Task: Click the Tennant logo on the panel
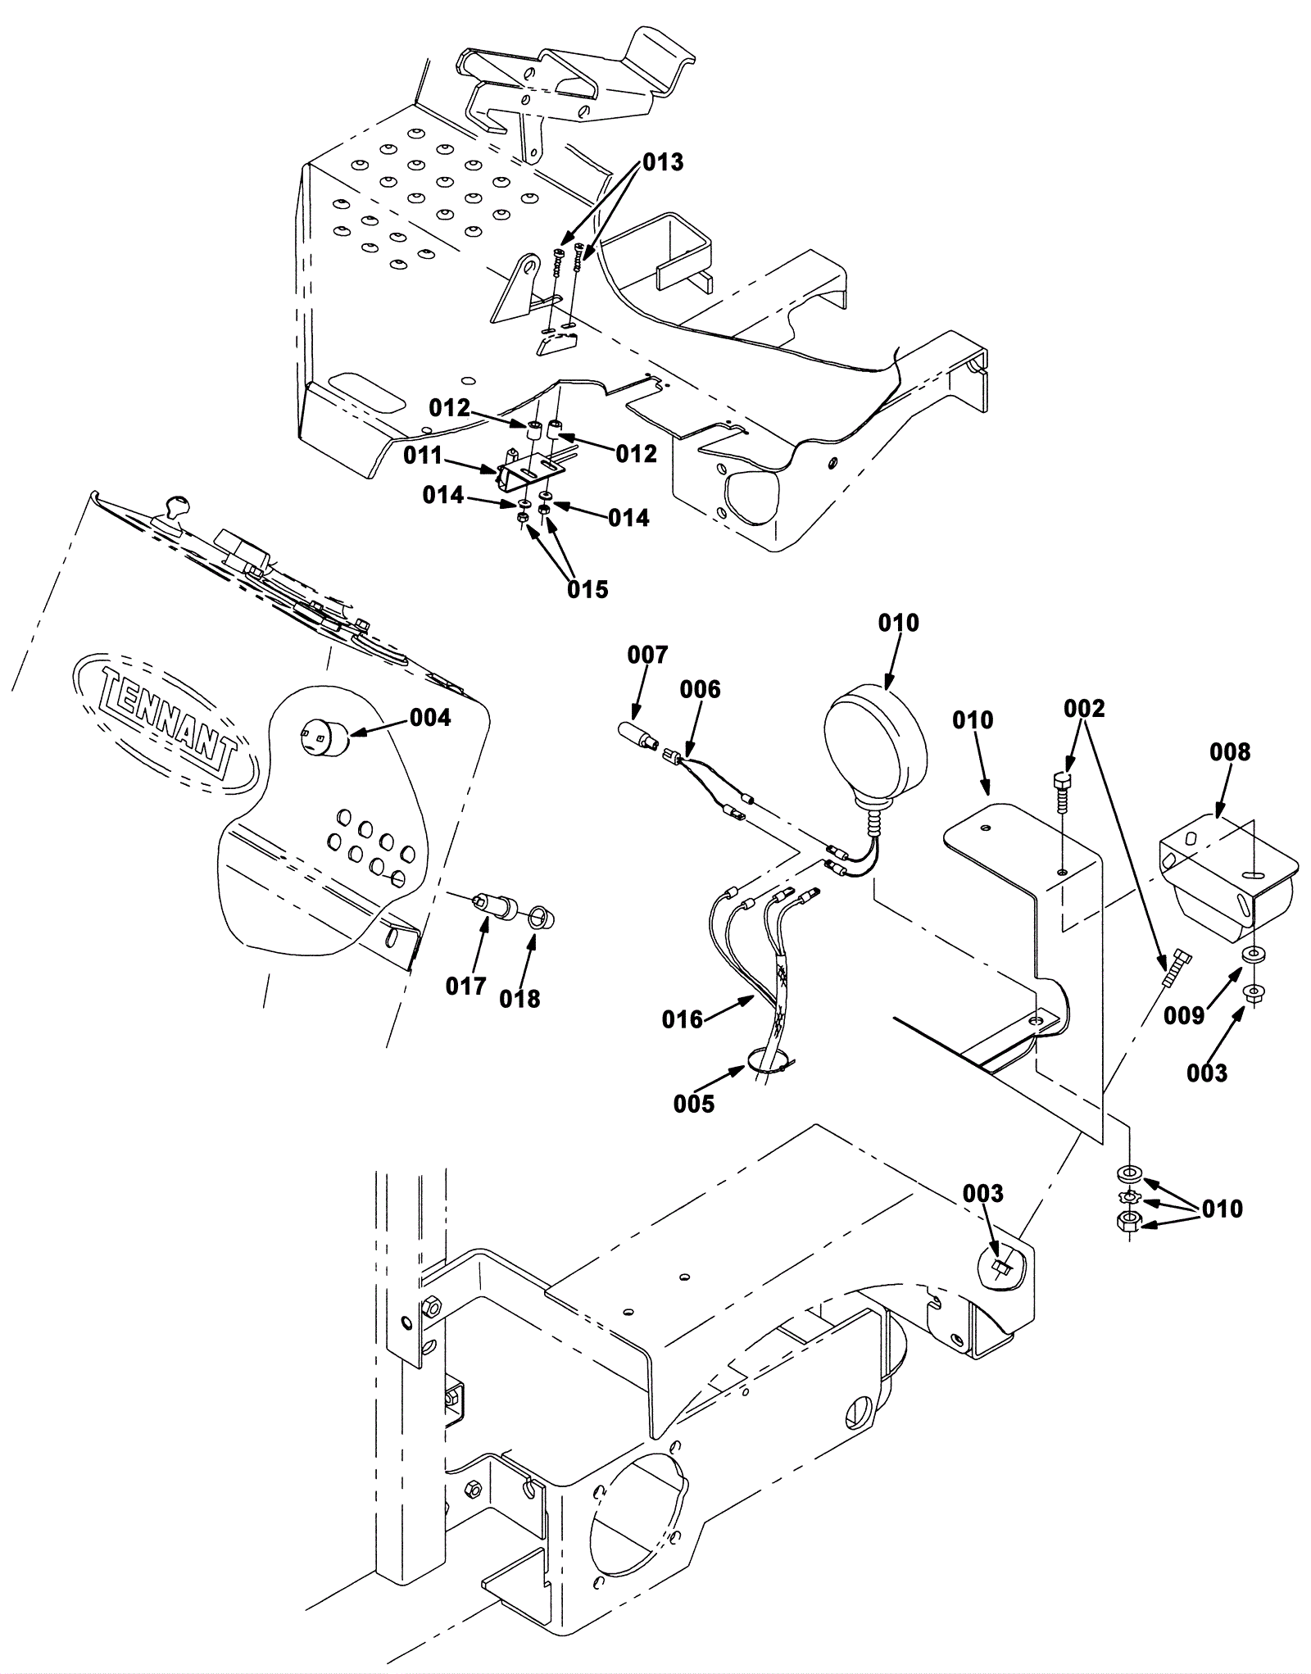point(165,721)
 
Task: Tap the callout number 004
point(430,718)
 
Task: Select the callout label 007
point(647,655)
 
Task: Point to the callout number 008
point(1230,751)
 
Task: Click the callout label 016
point(683,1018)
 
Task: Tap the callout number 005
point(694,1104)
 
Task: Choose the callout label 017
point(465,986)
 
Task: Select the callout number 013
point(662,162)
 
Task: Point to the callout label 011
point(423,456)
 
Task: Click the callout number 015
point(588,588)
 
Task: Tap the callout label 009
point(1184,1016)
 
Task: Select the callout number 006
point(700,689)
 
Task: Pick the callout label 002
point(1085,707)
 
